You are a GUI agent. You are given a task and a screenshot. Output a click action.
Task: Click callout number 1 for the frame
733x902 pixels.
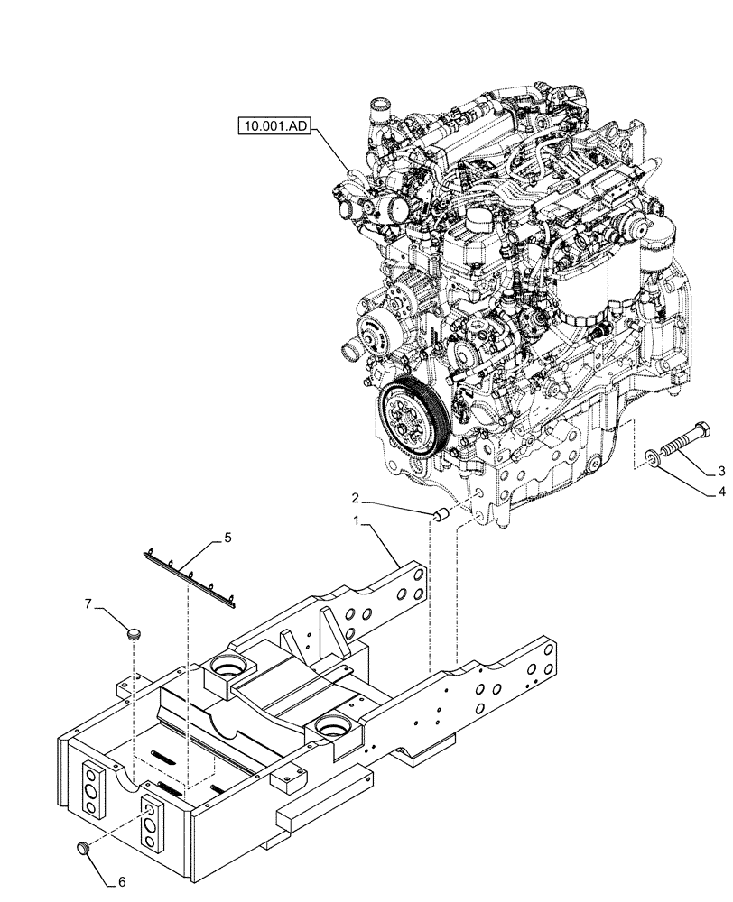pyautogui.click(x=358, y=521)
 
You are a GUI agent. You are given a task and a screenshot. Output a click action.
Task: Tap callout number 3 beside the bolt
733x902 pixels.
pyautogui.click(x=721, y=471)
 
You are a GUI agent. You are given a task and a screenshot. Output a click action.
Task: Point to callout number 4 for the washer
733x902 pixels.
pyautogui.click(x=721, y=492)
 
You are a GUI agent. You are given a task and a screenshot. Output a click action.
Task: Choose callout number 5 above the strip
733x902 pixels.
pyautogui.click(x=227, y=538)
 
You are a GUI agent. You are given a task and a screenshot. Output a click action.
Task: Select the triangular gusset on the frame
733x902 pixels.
pyautogui.click(x=292, y=643)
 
